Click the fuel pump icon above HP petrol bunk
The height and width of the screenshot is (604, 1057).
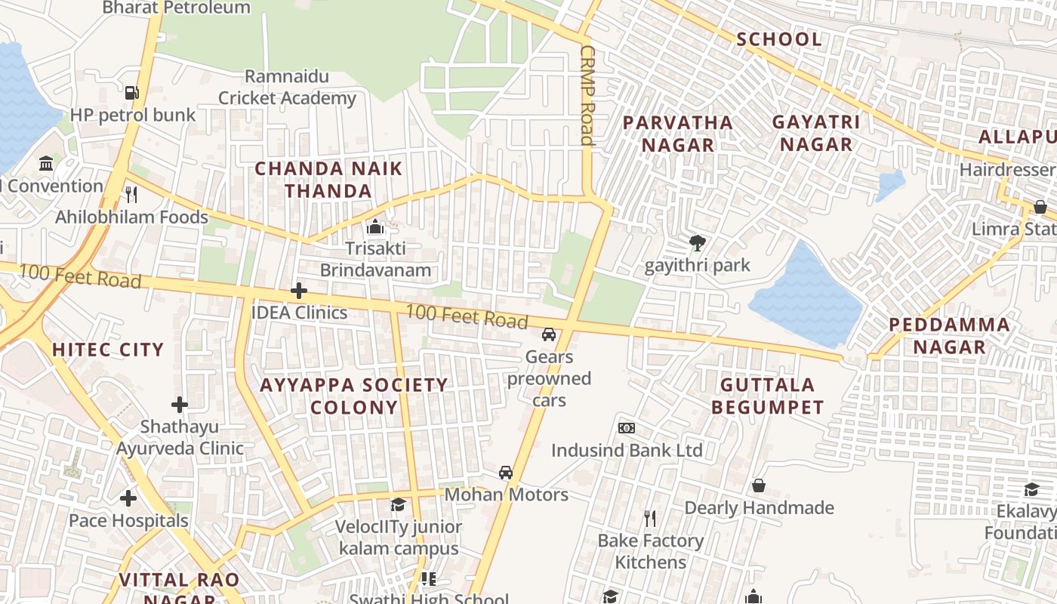132,93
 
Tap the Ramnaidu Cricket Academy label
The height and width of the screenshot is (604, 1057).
287,88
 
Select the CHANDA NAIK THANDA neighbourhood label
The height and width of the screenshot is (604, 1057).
328,180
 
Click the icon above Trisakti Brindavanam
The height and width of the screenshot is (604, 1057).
374,226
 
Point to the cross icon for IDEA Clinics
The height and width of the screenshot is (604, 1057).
299,291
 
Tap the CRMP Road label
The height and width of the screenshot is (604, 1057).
588,95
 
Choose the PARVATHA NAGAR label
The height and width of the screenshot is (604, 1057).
677,134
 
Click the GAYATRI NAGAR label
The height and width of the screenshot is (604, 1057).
816,133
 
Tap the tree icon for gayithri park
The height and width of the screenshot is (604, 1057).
697,243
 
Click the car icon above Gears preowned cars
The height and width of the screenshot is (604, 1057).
549,334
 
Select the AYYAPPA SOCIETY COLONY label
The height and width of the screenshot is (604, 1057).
354,396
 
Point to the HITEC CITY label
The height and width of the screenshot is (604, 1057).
108,350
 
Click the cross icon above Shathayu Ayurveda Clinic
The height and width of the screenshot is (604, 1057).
179,405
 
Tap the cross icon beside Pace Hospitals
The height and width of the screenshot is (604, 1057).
128,498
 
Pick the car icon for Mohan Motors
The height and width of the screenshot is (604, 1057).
506,473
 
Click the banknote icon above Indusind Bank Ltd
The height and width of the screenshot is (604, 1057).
627,428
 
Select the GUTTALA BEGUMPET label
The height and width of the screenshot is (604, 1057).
767,396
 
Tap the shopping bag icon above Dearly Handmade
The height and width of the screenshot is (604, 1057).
759,485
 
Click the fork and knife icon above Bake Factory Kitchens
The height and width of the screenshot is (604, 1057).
649,518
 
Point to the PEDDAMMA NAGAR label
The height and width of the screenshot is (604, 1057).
949,336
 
